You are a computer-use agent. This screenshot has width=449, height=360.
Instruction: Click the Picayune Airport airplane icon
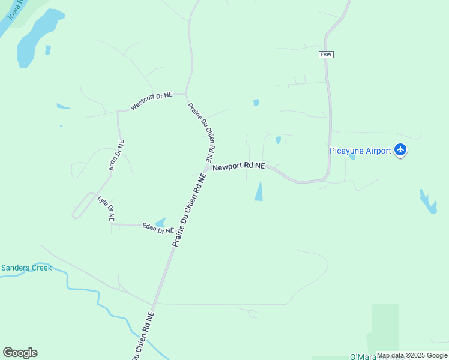(401, 151)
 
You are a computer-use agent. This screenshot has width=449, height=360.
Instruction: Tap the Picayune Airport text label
(360, 151)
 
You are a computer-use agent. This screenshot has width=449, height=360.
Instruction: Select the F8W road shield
(326, 55)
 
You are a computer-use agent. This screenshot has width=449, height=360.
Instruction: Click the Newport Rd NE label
(239, 166)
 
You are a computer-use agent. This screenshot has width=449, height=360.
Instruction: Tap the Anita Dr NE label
(116, 156)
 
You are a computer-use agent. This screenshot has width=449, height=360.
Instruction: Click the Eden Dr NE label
(158, 228)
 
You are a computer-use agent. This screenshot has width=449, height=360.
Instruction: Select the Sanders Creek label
(26, 268)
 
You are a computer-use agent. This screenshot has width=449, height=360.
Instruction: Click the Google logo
(20, 353)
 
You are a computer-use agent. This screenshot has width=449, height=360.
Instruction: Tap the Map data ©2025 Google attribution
(412, 355)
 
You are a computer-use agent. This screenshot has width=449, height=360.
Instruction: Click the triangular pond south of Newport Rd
(259, 191)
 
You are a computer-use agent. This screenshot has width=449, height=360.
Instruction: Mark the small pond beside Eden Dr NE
(161, 222)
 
